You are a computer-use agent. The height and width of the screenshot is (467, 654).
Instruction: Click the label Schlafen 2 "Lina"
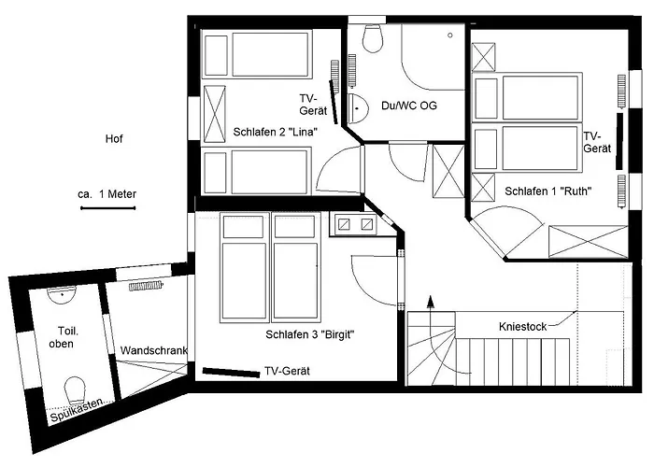point(275,133)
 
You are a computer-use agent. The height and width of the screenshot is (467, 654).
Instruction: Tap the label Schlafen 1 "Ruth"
point(548,191)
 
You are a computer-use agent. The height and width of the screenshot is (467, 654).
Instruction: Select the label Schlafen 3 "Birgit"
point(310,335)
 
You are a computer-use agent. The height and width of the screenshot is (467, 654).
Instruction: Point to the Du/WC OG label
point(409,106)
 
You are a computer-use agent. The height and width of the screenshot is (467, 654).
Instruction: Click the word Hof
point(115,139)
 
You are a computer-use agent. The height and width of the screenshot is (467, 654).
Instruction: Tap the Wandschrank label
point(154,351)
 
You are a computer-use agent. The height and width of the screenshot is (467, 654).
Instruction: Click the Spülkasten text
point(79,408)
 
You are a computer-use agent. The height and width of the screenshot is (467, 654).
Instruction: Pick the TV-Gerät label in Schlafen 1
point(596,142)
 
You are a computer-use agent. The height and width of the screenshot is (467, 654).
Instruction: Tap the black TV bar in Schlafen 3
point(230,373)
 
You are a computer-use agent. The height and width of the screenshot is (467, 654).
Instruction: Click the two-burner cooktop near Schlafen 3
point(353,224)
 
